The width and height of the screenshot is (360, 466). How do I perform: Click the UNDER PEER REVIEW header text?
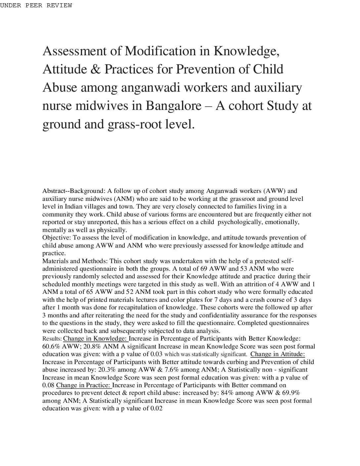[x=36, y=6]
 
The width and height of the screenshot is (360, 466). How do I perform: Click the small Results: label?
[x=52, y=339]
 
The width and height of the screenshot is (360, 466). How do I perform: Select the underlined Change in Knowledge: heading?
[x=96, y=339]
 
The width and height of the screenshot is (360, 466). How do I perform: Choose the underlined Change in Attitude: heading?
[x=278, y=354]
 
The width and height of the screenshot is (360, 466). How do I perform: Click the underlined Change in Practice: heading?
[x=84, y=385]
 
